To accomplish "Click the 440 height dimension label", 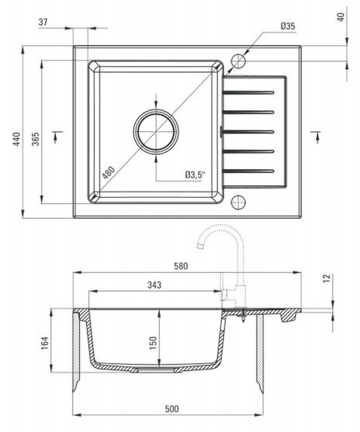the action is [17, 139].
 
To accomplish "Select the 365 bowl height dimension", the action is [36, 139].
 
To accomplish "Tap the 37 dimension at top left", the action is [43, 22].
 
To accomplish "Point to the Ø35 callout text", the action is [287, 26].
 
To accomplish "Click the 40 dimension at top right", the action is [341, 17].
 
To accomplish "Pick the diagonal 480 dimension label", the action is [108, 173].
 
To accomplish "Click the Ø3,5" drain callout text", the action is [195, 175].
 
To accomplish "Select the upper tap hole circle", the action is [238, 61].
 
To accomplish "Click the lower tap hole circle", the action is [238, 202].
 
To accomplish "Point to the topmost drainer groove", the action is [248, 92].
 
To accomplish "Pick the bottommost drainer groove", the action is [248, 171].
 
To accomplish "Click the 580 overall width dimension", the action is [181, 266].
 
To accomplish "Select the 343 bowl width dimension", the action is [154, 285].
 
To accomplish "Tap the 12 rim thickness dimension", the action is [327, 278].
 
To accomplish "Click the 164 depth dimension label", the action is [45, 343].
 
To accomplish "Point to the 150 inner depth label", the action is [153, 343].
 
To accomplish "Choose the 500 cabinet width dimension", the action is [172, 408].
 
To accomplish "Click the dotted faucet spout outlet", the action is [200, 246].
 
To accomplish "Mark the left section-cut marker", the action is [57, 135].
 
